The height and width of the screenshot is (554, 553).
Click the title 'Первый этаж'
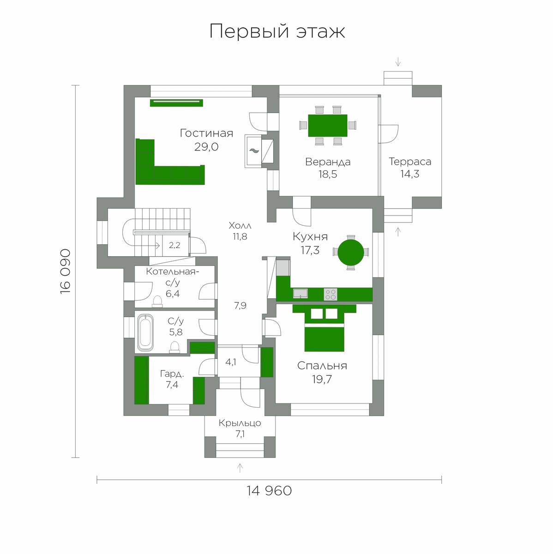[x=277, y=31]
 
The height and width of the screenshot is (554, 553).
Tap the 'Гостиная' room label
[x=206, y=133]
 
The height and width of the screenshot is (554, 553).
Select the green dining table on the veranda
[x=328, y=126]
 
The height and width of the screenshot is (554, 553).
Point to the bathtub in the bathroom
[x=145, y=332]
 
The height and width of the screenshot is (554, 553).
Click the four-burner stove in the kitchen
[x=331, y=294]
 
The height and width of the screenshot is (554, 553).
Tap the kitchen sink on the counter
[x=300, y=294]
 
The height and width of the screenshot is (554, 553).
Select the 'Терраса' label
[x=410, y=162]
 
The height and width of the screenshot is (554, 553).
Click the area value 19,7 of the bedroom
[x=322, y=379]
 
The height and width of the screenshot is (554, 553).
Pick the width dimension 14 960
[x=269, y=490]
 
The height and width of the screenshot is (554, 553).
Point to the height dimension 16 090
[x=66, y=271]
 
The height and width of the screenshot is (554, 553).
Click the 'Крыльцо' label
[x=240, y=423]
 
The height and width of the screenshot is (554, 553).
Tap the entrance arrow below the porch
[x=240, y=468]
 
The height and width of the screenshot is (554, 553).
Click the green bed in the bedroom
[x=325, y=328]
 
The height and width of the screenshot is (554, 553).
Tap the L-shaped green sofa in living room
[x=170, y=162]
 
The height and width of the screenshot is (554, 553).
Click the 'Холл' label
[x=240, y=226]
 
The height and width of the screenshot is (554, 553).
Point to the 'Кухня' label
[x=310, y=237]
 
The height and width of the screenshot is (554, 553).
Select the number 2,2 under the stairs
[x=174, y=245]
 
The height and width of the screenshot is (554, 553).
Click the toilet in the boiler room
[x=157, y=301]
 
